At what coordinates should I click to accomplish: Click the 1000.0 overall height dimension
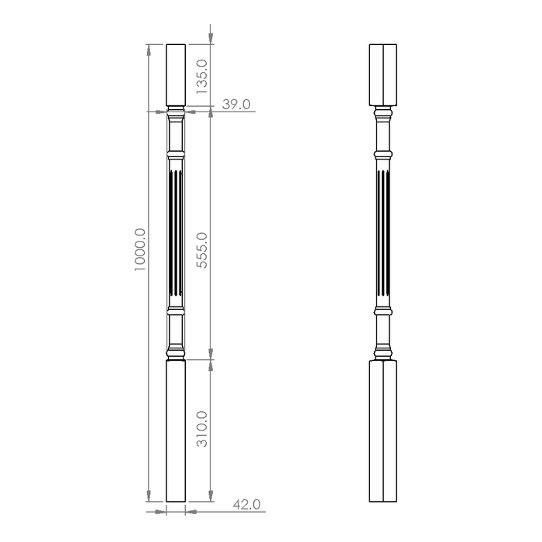[x=140, y=249]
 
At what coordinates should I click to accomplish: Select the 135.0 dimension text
[x=201, y=77]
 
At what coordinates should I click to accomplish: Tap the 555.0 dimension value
[x=201, y=250]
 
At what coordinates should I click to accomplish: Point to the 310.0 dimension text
[x=201, y=429]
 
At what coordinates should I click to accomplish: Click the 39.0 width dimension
[x=236, y=104]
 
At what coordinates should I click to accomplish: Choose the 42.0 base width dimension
[x=246, y=504]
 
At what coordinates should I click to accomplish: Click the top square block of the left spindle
[x=176, y=75]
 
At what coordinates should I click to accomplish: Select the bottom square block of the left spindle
[x=176, y=431]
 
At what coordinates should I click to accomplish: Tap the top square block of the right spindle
[x=383, y=75]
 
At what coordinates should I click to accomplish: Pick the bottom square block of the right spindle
[x=383, y=431]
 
